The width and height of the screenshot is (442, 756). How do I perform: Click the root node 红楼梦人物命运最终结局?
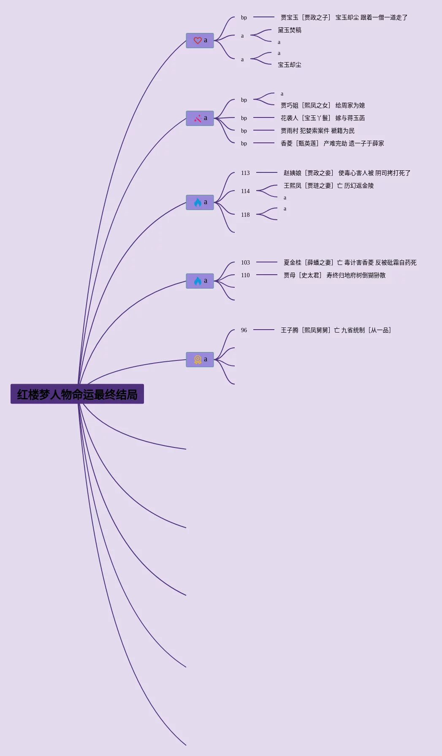pyautogui.click(x=77, y=394)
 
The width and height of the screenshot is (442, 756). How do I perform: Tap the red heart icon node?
pyautogui.click(x=200, y=41)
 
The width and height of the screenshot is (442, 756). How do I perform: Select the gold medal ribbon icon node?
pyautogui.click(x=200, y=360)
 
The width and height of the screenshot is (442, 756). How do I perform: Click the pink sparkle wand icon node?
pyautogui.click(x=200, y=118)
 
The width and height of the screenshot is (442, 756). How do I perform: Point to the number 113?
pyautogui.click(x=245, y=173)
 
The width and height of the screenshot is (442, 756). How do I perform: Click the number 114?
pyautogui.click(x=245, y=191)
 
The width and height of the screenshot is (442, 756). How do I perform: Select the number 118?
pyautogui.click(x=245, y=215)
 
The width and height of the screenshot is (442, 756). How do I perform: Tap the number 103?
pyautogui.click(x=245, y=262)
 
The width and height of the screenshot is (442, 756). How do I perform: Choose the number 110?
pyautogui.click(x=245, y=275)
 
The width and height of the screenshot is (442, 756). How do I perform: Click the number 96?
pyautogui.click(x=244, y=330)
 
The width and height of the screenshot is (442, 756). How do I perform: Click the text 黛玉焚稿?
pyautogui.click(x=290, y=30)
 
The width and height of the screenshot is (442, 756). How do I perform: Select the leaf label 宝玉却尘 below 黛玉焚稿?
pyautogui.click(x=290, y=65)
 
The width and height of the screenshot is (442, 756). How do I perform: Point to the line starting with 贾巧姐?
pyautogui.click(x=323, y=105)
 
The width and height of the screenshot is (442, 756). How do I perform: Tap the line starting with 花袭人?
pyautogui.click(x=323, y=118)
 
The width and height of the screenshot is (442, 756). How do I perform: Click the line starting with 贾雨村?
pyautogui.click(x=317, y=131)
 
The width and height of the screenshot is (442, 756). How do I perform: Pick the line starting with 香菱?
pyautogui.click(x=332, y=143)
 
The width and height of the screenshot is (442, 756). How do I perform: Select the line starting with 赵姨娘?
pyautogui.click(x=347, y=173)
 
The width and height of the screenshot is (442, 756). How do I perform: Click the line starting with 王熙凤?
pyautogui.click(x=328, y=186)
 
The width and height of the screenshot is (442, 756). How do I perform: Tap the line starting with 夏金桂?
pyautogui.click(x=350, y=262)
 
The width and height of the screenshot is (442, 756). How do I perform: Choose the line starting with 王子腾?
pyautogui.click(x=336, y=330)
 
